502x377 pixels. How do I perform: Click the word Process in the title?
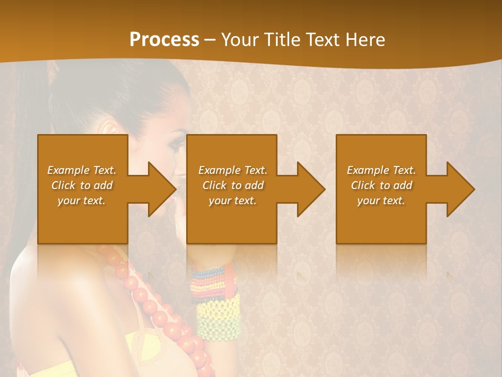pos(164,40)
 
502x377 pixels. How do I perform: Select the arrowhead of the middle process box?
pos(311,189)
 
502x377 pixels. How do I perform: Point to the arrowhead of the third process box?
pos(460,189)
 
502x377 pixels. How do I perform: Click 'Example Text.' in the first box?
pos(82,170)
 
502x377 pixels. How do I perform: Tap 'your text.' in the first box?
pos(82,201)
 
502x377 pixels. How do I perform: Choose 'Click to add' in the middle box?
pos(233,185)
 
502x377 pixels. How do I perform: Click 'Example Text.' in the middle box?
pos(233,170)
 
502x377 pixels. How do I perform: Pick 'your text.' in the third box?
pos(381,201)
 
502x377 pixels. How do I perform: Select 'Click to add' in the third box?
pos(381,185)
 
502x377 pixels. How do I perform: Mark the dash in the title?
pos(210,40)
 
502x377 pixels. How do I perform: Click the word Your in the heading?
pos(241,40)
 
